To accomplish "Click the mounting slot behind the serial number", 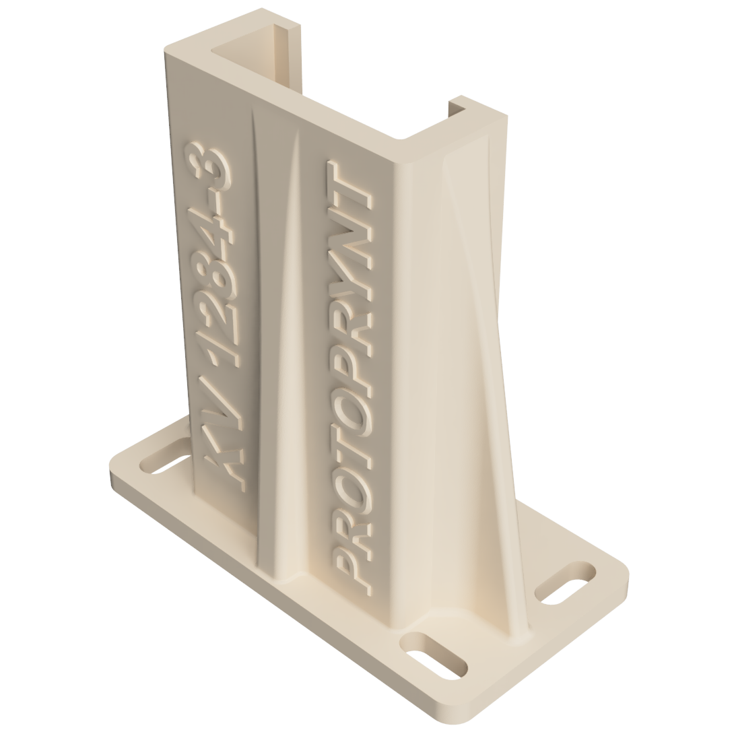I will (165, 457).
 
